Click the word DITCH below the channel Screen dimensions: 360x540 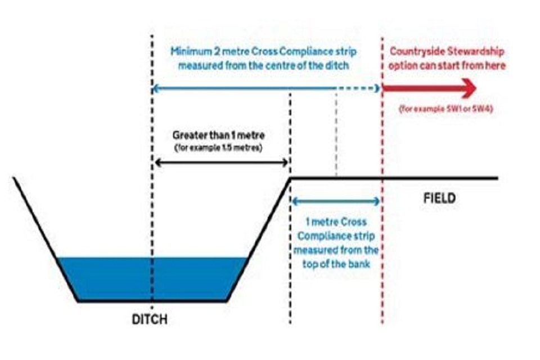pyautogui.click(x=150, y=319)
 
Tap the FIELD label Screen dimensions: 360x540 pyautogui.click(x=438, y=199)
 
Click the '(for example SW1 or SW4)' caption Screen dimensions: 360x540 pyautogui.click(x=446, y=109)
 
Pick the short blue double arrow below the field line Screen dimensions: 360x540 pyautogui.click(x=335, y=201)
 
